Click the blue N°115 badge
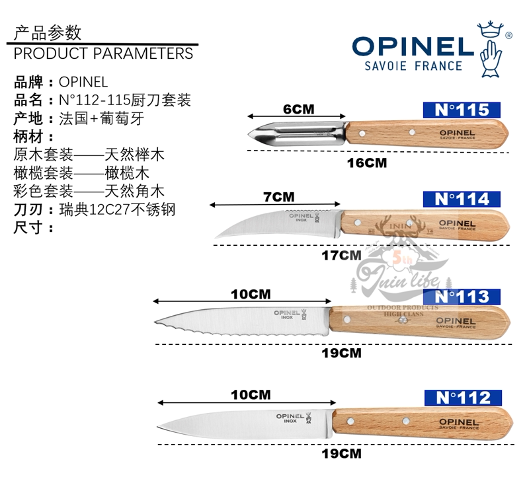(462, 110)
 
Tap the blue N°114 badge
(463, 199)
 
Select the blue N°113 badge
(463, 297)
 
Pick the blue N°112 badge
(463, 397)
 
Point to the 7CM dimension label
(278, 197)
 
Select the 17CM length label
(341, 254)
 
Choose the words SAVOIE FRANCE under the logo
(413, 66)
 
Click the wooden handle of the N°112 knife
(423, 423)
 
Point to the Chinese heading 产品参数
(48, 32)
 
